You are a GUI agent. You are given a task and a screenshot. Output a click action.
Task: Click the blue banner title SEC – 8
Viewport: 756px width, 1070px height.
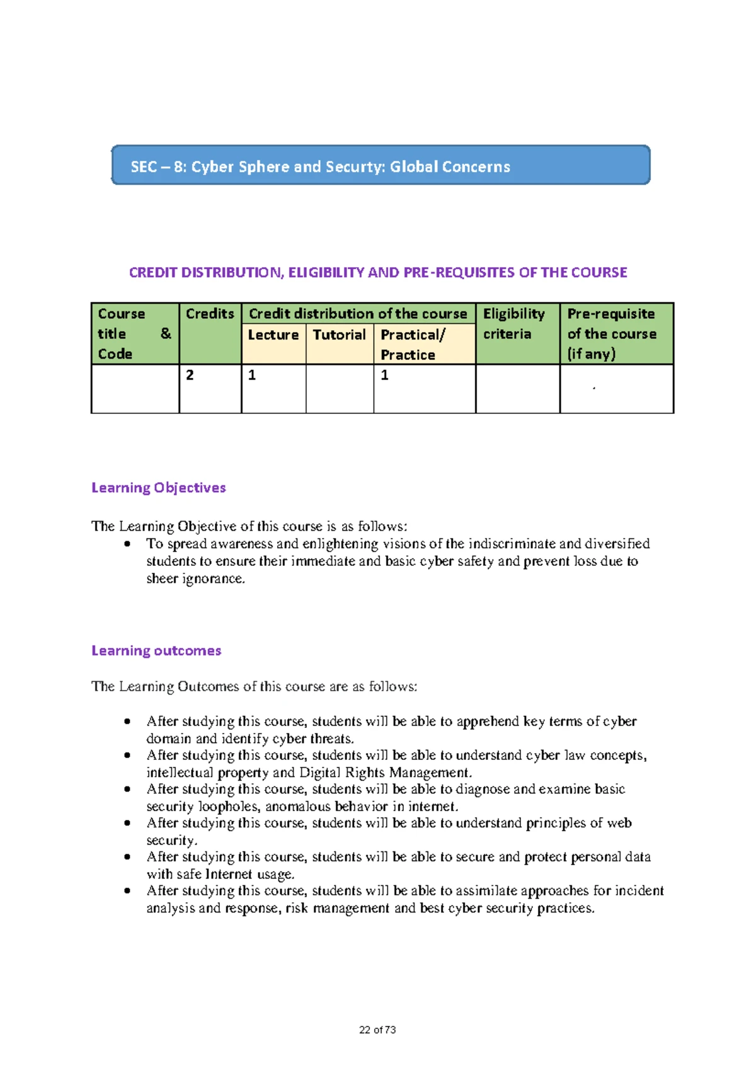[x=320, y=167]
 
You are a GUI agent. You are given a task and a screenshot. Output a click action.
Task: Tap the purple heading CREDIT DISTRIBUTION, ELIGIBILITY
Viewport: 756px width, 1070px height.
[x=378, y=273]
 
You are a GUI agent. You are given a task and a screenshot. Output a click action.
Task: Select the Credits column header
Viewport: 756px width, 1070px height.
[x=210, y=314]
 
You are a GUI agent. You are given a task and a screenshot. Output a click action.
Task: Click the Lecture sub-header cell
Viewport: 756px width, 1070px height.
[x=273, y=335]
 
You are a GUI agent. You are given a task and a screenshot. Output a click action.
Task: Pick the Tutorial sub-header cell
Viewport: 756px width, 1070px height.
[x=339, y=335]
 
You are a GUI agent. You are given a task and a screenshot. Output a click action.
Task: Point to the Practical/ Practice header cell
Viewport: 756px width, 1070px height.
[x=413, y=345]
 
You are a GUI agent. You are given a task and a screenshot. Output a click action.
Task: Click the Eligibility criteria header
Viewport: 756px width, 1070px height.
[x=513, y=324]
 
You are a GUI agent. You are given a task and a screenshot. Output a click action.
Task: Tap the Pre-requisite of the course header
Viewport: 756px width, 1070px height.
[x=611, y=333]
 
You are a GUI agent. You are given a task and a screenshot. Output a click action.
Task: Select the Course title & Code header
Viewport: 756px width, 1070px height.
[x=134, y=333]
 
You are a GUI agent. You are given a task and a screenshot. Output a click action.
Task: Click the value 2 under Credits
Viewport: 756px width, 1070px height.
[x=190, y=376]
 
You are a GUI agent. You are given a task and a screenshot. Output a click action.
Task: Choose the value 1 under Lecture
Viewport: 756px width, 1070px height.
[x=252, y=376]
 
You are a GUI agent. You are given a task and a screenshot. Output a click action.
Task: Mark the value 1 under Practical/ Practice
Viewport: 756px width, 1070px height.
[x=384, y=376]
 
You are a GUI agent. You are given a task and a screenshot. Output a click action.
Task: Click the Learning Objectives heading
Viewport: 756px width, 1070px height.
[x=158, y=488]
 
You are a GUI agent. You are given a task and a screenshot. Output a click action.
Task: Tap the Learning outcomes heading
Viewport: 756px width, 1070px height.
[x=156, y=651]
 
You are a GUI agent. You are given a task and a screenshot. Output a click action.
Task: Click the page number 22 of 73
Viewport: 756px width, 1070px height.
[x=377, y=1030]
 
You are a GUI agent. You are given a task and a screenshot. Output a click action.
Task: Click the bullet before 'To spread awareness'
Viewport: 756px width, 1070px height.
[x=128, y=544]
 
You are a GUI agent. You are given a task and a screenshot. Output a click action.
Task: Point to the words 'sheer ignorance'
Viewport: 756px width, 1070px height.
[x=195, y=579]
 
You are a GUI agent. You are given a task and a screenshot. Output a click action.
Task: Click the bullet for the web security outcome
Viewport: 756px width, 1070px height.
[x=128, y=823]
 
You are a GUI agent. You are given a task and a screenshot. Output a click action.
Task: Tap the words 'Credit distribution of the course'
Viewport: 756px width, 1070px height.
[x=358, y=314]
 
